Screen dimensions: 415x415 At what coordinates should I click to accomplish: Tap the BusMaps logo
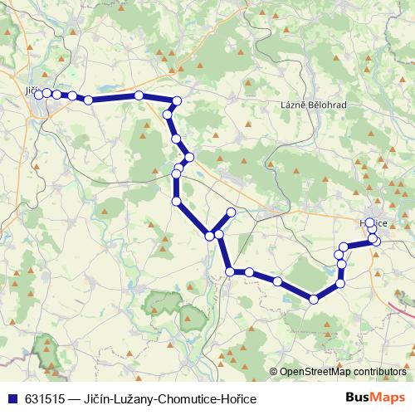[x=374, y=398]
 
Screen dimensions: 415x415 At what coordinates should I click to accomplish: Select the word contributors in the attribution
[x=379, y=372]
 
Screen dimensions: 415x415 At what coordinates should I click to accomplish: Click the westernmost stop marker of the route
[x=37, y=94]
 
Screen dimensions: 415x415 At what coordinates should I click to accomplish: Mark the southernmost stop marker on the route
[x=314, y=300]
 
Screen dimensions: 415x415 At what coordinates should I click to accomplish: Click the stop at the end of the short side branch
[x=231, y=213]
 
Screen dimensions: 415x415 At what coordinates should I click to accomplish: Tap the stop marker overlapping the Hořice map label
[x=369, y=223]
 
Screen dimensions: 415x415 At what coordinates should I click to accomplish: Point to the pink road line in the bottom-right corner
[x=403, y=309]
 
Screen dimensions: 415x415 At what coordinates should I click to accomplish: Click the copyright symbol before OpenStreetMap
[x=274, y=372]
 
